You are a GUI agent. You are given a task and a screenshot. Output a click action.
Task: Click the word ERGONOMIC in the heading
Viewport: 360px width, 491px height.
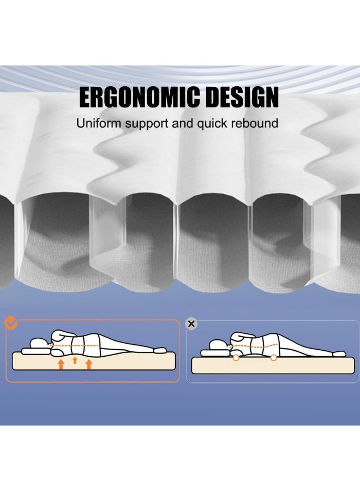point(139,97)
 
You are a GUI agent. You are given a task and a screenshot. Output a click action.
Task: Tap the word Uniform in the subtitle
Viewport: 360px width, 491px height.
point(99,123)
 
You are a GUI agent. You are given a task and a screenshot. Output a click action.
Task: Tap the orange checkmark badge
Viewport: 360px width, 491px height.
point(11,323)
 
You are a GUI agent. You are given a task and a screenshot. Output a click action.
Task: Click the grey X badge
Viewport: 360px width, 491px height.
point(191,324)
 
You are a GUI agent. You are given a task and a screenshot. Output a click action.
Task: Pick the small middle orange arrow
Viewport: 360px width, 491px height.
point(75,360)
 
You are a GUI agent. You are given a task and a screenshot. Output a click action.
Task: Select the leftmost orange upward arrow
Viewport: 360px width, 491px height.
point(61,364)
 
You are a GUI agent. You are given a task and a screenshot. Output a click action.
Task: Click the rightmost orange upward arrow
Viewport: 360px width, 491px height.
point(89,364)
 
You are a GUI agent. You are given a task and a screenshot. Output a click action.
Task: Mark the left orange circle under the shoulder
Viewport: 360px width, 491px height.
point(236,357)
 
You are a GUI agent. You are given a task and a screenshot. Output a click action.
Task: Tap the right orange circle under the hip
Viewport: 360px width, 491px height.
point(273,357)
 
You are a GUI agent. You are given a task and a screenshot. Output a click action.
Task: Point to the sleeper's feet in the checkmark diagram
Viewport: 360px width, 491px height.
point(159,350)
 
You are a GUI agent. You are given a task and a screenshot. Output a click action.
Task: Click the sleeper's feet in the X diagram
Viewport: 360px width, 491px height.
point(339,354)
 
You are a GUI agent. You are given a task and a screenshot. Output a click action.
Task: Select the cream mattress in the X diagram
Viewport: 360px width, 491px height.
point(273,366)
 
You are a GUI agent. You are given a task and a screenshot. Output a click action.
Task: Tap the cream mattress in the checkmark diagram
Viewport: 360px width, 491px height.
point(94,362)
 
